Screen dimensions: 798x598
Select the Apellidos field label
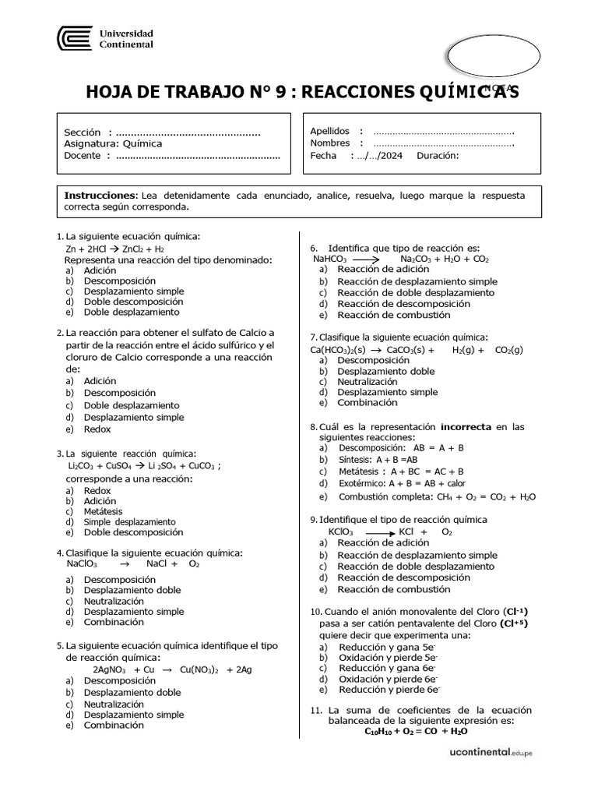(x=330, y=131)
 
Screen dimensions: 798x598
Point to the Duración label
(x=438, y=155)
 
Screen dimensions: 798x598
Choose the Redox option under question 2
(x=97, y=429)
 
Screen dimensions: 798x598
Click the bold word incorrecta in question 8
(x=466, y=426)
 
